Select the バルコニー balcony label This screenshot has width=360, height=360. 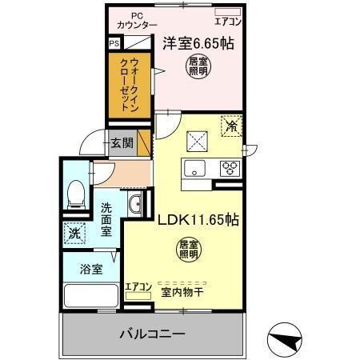coord(153,332)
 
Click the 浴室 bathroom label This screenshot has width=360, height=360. coord(90,270)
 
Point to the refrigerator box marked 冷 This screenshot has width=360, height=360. coord(230,126)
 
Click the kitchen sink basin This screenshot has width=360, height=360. coord(196,168)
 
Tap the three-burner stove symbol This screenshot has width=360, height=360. coord(230,168)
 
